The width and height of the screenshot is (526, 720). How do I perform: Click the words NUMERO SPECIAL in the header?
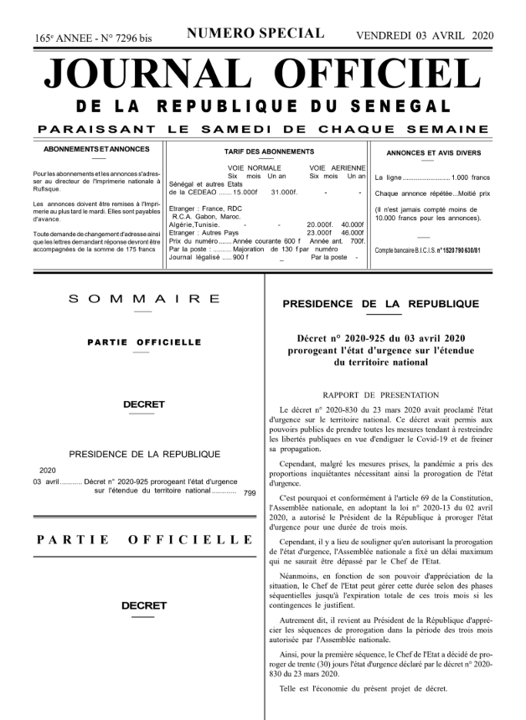point(255,33)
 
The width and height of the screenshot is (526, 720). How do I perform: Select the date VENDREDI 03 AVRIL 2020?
point(425,35)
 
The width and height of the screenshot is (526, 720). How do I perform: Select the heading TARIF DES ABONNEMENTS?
point(263,152)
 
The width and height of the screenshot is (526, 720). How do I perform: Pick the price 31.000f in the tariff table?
point(284,193)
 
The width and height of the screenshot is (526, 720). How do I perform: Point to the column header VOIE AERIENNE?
point(335,168)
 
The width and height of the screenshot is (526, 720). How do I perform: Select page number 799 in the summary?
point(249,494)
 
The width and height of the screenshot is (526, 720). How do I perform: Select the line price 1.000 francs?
point(470,179)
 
